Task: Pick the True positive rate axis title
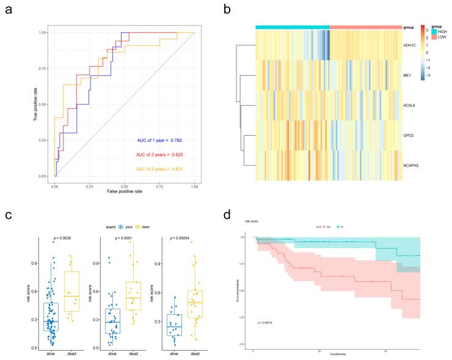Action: point(35,104)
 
